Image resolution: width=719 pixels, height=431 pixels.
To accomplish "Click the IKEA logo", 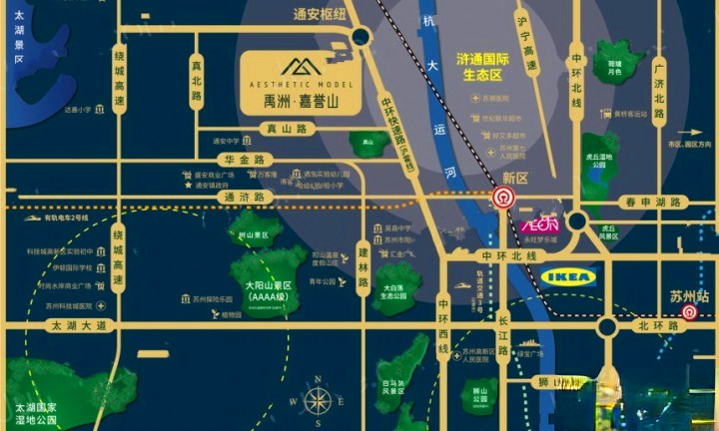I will point(568,276).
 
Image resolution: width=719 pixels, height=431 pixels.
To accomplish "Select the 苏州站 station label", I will point(689,296).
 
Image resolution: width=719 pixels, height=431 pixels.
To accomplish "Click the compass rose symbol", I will point(318,401).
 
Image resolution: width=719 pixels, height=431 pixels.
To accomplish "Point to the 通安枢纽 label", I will point(319,15).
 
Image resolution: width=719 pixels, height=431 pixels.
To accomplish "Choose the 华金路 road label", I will point(244,159).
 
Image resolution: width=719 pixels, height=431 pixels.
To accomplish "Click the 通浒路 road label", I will point(244,198).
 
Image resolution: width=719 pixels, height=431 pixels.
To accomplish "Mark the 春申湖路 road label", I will point(652,202).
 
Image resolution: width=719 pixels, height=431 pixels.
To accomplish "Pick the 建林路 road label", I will point(363,267).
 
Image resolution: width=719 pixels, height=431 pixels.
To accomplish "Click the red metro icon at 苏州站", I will point(688,312).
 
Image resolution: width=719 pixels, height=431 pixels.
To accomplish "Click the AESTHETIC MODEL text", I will point(297,85).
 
